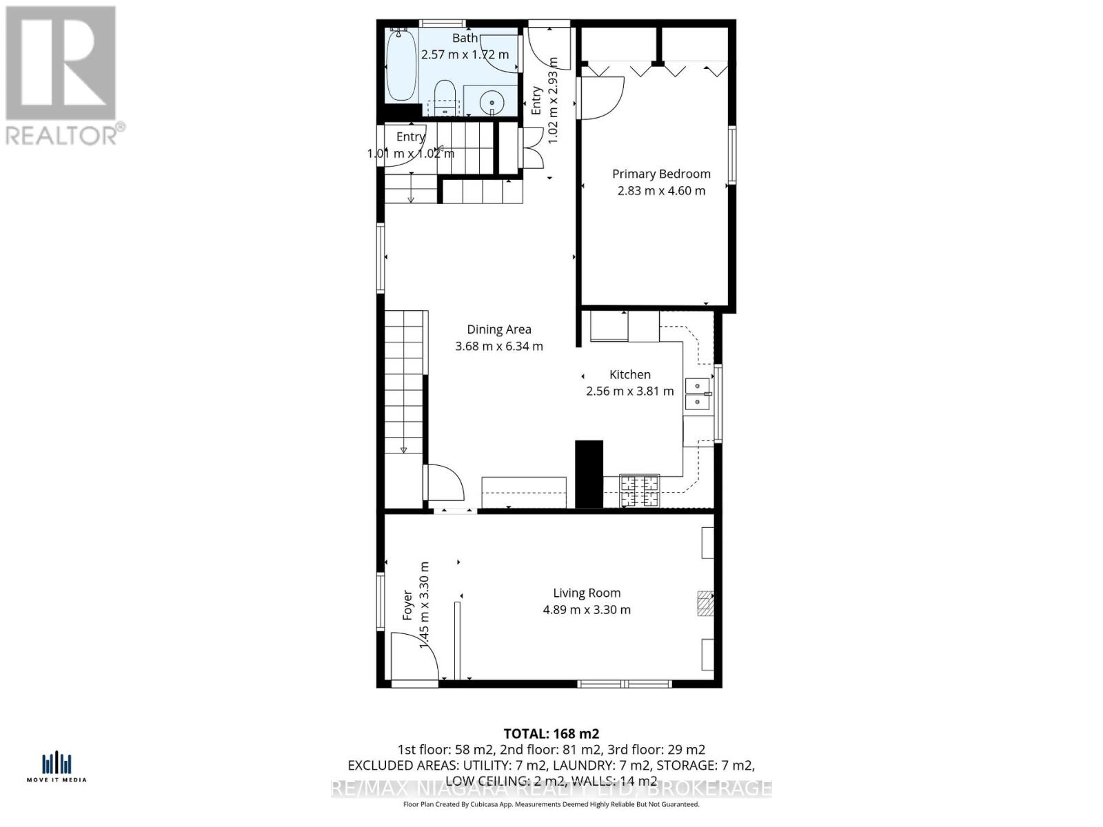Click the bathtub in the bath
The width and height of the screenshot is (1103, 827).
pos(401,66)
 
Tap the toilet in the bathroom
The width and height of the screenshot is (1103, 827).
pos(445,97)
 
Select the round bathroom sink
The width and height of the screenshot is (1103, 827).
pos(492,103)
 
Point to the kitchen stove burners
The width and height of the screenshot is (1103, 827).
pos(639,491)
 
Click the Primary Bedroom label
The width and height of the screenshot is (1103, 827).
pos(661,174)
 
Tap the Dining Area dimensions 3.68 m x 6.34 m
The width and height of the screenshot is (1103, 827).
pos(499,346)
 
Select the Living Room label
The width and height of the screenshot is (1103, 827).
pos(587,593)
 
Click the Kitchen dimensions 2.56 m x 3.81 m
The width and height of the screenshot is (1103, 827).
pos(629,391)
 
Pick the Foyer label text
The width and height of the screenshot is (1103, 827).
pos(407,605)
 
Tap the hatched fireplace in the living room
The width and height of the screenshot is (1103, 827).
pos(705,603)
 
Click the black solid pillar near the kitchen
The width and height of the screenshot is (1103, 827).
pos(589,474)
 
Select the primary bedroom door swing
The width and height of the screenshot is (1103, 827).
pos(601,96)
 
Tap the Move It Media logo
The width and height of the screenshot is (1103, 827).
pos(57,766)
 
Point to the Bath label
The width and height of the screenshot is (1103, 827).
pos(465,39)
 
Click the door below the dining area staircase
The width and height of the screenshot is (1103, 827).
pos(444,482)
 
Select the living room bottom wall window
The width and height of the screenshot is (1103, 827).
pos(625,684)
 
